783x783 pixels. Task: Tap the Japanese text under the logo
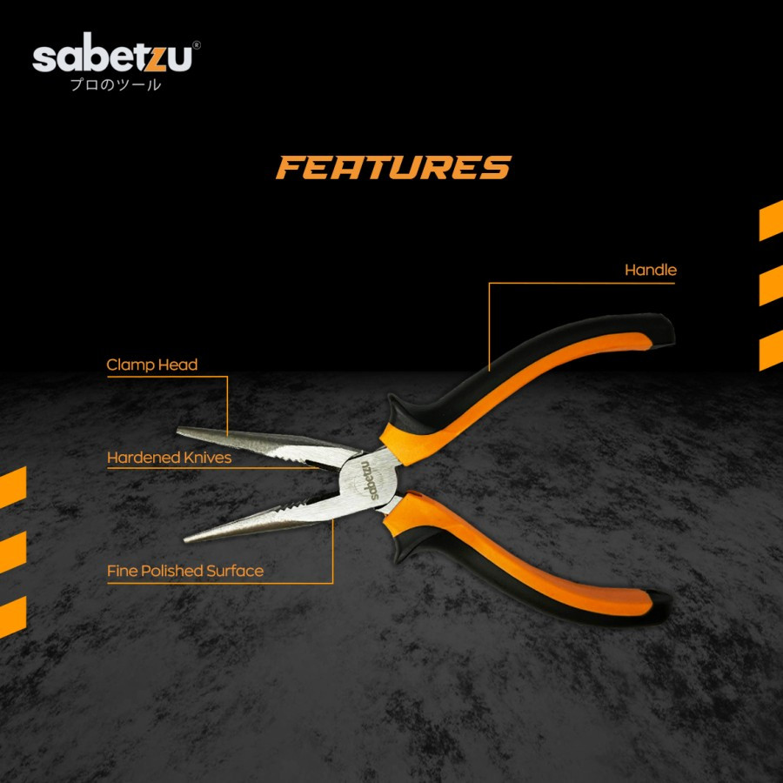tap(117, 85)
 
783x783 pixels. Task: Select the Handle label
tap(650, 271)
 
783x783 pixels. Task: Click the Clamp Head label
tap(152, 365)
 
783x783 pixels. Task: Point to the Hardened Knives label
tap(170, 457)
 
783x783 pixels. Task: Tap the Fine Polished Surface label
tap(185, 571)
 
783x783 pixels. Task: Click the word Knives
tap(208, 457)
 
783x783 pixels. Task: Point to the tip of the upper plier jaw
tap(179, 431)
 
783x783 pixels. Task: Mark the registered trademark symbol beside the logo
tap(197, 43)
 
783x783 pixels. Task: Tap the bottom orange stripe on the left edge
tap(12, 617)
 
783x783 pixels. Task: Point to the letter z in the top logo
tap(159, 59)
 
